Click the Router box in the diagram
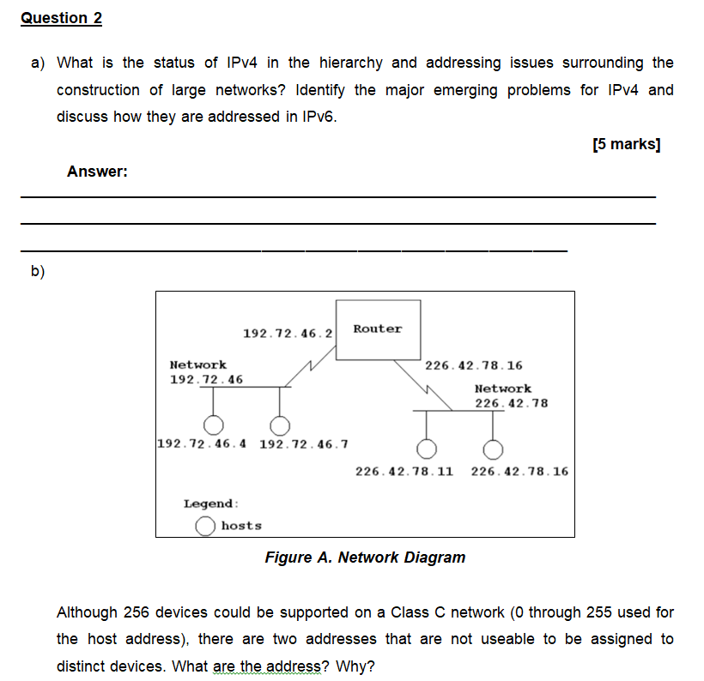(378, 328)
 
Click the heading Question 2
(61, 18)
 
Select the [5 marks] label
(627, 144)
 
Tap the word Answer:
(98, 172)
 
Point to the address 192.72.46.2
(288, 332)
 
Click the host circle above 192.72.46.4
(213, 425)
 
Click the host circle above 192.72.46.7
(279, 425)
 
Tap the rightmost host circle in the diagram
(493, 449)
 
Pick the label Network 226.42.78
(511, 395)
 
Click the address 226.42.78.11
(404, 471)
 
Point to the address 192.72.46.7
(303, 444)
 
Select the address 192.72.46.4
(203, 444)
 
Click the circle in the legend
(204, 526)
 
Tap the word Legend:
(211, 504)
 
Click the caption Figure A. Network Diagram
(365, 557)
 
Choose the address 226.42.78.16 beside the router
(473, 365)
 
